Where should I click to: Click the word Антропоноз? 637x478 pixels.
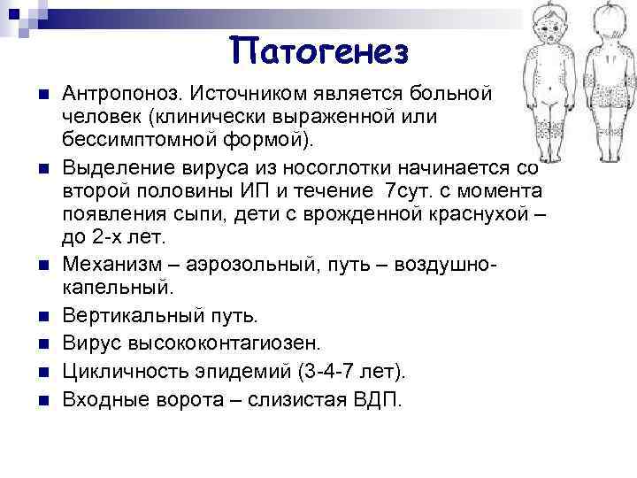(x=113, y=94)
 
